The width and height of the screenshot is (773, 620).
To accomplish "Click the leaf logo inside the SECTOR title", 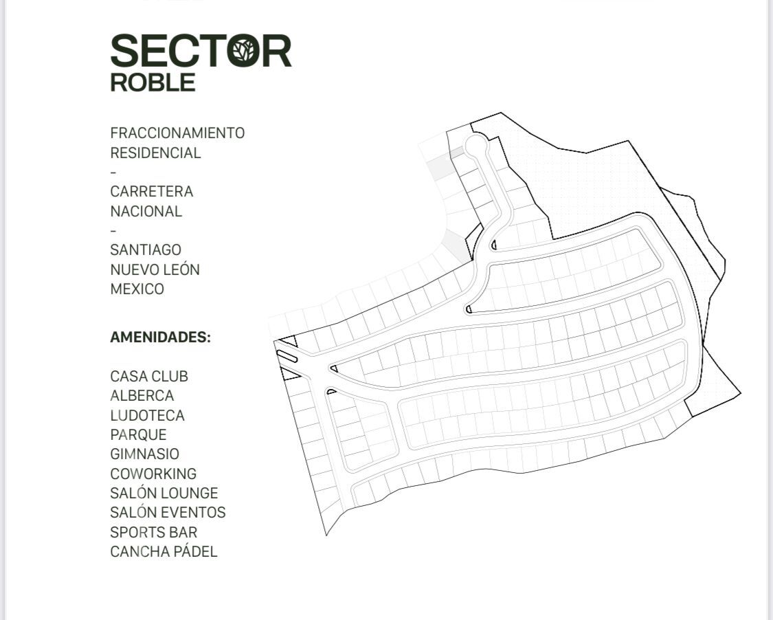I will coord(243,52).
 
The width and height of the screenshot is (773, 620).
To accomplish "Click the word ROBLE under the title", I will coord(153,82).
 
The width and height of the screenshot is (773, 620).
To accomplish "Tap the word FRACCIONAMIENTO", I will coord(177,133).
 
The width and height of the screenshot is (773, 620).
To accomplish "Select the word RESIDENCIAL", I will coord(155,153).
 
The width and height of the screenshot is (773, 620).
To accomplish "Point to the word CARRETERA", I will coord(151,191).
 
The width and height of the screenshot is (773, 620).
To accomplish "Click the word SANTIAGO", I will coord(146,250).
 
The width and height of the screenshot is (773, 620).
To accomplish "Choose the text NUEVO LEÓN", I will coord(155,269).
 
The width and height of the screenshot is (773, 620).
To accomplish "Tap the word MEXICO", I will coord(137,289).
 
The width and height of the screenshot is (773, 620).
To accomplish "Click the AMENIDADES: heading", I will coord(160,337).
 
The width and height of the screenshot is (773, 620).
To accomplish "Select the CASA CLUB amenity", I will coord(148,377).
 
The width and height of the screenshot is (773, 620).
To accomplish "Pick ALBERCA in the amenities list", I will coord(142,396).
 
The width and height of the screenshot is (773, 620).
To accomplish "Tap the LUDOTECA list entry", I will coord(147,415).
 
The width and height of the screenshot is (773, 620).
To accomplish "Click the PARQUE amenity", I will coord(138,434).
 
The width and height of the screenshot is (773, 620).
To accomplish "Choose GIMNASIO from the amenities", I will coord(144,454).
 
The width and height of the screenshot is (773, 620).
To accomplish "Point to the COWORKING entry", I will coord(153,474).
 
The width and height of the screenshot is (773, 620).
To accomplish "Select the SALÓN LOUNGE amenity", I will coord(164,493).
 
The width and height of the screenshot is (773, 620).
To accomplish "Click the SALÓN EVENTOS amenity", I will coord(168,512).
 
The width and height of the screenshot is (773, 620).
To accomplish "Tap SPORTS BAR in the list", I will coord(153,532).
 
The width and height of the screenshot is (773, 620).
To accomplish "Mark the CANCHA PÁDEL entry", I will coord(164,551).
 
